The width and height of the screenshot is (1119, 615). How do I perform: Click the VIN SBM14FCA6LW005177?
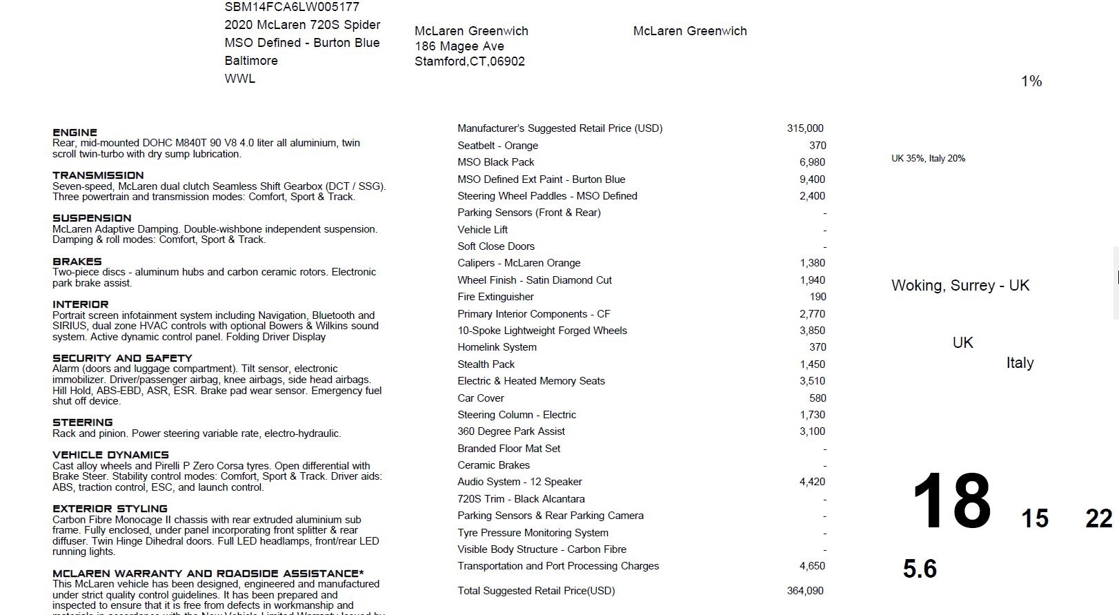292,7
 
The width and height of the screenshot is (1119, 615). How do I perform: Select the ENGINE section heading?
75,133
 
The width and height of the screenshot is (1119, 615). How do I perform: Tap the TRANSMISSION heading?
98,175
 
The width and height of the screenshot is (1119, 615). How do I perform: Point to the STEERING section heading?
82,422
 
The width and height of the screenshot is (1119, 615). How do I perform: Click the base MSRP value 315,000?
805,128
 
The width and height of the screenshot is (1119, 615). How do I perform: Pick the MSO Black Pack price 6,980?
812,162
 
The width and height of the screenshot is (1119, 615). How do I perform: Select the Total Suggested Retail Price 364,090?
805,591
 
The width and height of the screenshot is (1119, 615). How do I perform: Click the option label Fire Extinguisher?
495,297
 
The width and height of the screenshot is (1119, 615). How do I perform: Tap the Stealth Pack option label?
486,364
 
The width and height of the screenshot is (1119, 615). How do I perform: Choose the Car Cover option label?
480,398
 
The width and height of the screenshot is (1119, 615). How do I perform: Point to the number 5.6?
920,569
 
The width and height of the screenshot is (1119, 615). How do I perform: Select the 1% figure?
1031,81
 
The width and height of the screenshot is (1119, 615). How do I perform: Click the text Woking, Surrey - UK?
960,286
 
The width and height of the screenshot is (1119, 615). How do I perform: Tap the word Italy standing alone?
1020,363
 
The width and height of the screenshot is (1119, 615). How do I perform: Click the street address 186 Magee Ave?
459,46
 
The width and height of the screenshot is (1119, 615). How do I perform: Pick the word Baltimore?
251,61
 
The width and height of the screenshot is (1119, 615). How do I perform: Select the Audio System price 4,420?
812,482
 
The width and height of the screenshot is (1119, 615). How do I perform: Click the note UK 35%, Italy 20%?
928,159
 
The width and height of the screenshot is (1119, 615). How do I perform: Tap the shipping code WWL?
239,79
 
